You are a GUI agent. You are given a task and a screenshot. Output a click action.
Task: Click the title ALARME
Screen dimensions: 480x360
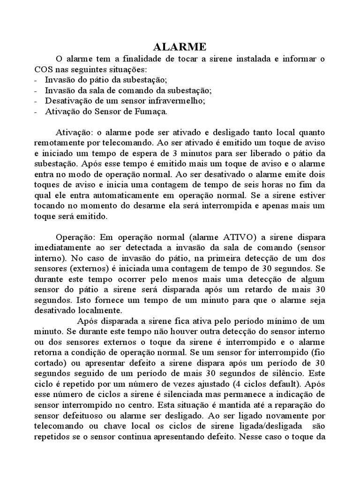(x=180, y=47)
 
